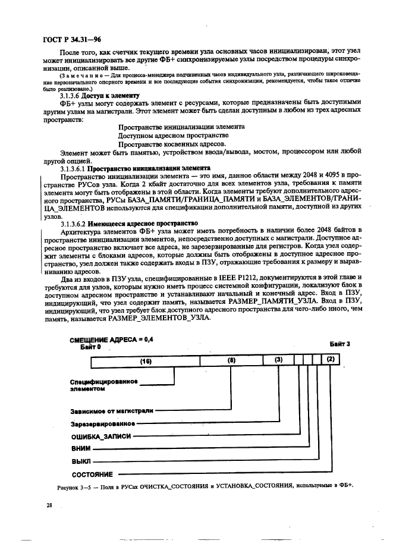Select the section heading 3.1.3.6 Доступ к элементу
[99, 95]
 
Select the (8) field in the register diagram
[232, 360]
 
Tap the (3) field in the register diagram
[278, 360]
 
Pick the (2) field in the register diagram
[331, 360]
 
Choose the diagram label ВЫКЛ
[81, 461]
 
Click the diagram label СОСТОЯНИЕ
[92, 474]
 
